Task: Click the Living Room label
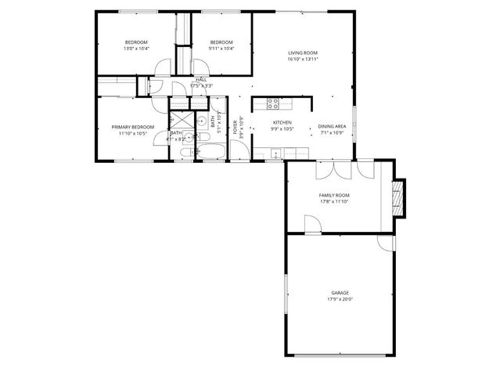point(302,53)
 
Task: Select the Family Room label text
point(333,195)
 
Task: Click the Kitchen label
point(282,123)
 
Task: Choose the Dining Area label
point(332,127)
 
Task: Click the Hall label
point(201,80)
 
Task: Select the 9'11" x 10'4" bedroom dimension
point(221,49)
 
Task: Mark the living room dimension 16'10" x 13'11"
point(302,59)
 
